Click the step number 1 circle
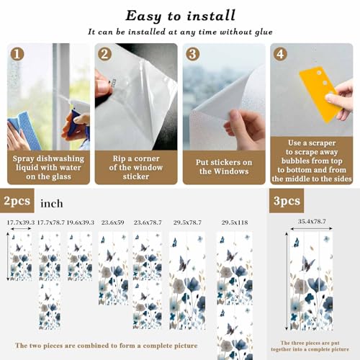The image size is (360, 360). (17, 54)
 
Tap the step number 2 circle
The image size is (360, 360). (104, 54)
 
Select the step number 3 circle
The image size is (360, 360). (192, 54)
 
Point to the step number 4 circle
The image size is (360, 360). (280, 54)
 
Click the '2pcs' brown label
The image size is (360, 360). (17, 201)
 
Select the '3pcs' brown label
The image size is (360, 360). (287, 201)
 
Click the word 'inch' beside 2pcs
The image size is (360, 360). (52, 204)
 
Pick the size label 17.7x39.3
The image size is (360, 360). (20, 222)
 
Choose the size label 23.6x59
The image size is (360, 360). (113, 222)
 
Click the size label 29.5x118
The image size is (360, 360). (235, 222)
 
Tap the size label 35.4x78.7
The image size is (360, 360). (312, 222)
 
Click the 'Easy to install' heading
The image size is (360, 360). (181, 17)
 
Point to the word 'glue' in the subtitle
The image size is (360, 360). (264, 32)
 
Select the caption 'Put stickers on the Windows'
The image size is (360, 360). (224, 167)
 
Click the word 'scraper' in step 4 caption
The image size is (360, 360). (322, 143)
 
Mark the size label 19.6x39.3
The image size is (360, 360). (81, 222)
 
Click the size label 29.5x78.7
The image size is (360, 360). (187, 222)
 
